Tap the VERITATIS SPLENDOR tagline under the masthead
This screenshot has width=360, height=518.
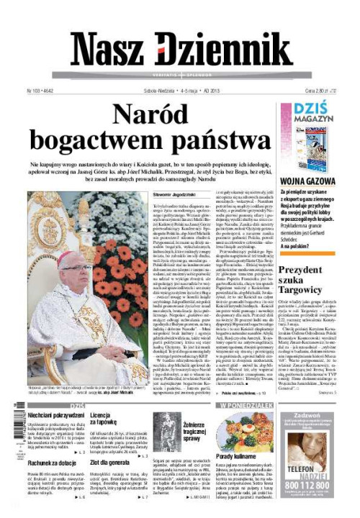(180, 75)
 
